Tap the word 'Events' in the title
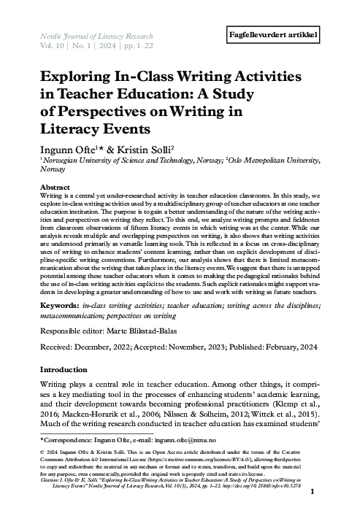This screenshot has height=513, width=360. click(x=127, y=129)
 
